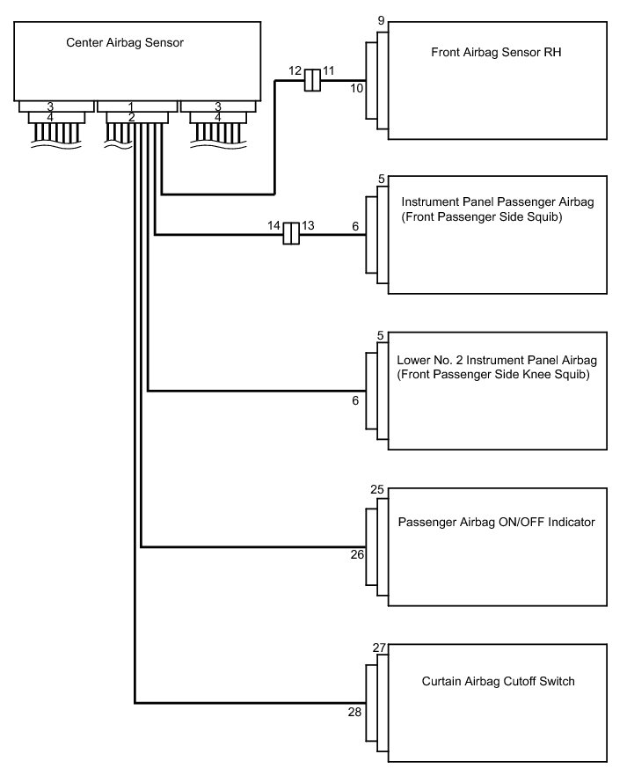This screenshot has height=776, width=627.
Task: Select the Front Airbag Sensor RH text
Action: click(496, 52)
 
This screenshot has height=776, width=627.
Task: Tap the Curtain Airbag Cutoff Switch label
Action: click(498, 681)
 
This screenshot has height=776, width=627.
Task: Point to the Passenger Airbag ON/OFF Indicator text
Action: click(497, 522)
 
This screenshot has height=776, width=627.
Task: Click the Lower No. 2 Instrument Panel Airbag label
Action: click(497, 361)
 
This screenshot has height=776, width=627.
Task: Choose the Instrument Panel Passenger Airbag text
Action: click(497, 202)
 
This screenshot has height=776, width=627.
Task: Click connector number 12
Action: click(295, 70)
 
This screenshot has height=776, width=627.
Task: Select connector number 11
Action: click(328, 70)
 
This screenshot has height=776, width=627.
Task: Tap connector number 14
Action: click(273, 225)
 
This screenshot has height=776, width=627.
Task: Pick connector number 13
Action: click(308, 225)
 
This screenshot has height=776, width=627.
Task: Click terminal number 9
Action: click(381, 20)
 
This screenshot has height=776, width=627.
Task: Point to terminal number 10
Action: click(357, 88)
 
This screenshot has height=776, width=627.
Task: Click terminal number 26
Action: click(356, 554)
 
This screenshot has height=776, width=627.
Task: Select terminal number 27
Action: click(379, 648)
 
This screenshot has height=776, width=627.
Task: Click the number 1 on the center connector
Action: click(131, 106)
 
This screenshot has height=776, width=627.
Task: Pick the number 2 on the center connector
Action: click(131, 117)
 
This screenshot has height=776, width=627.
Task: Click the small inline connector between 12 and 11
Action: click(311, 81)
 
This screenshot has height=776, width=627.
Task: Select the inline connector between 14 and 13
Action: click(291, 235)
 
